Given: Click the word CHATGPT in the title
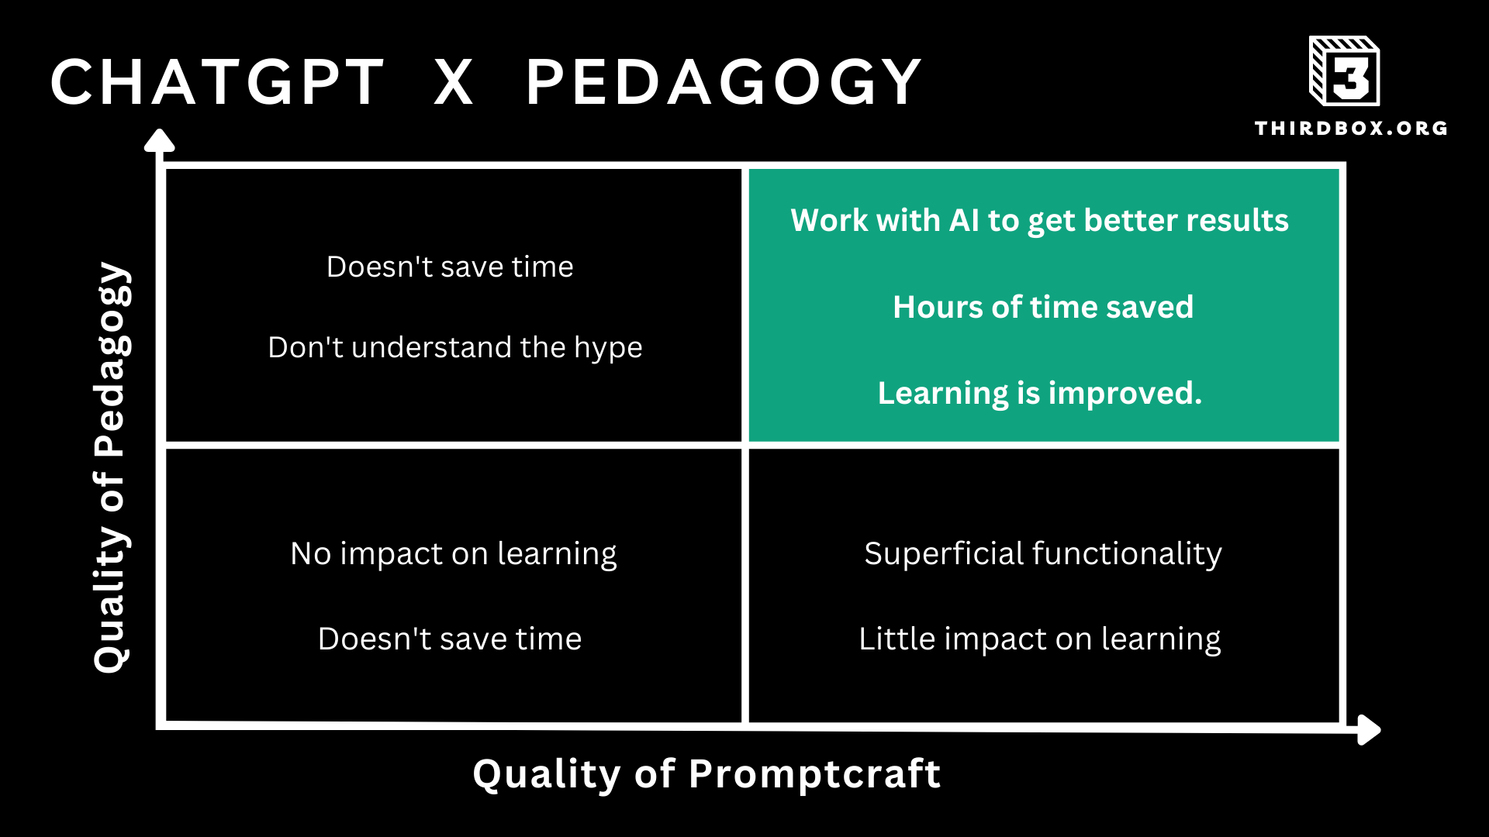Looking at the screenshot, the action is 217,81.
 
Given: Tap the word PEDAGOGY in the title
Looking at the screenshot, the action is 724,81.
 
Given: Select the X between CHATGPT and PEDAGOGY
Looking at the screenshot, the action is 454,81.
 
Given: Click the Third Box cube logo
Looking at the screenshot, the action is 1344,71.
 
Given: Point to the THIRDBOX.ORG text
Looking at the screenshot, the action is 1351,128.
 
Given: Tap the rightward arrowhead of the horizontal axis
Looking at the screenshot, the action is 1370,729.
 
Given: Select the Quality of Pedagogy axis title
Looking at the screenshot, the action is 112,467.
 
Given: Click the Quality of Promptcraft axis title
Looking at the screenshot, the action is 706,773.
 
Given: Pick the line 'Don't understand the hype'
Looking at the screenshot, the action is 455,348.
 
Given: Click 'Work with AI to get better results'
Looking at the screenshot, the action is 1039,221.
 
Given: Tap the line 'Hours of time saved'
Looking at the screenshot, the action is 1043,307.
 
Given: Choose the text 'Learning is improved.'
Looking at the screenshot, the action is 1040,394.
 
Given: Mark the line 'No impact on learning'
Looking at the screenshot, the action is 454,554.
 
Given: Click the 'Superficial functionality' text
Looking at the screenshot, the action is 1043,553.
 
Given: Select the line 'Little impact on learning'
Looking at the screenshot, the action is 1040,639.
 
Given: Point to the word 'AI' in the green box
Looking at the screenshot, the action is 965,221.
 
